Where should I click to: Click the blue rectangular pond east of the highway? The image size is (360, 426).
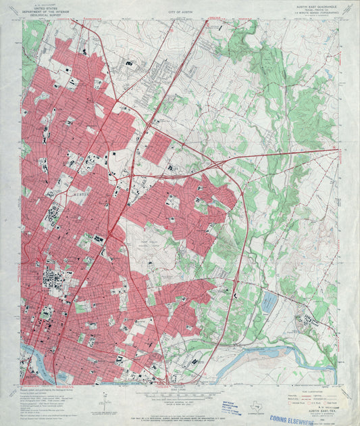pos(269,302)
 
